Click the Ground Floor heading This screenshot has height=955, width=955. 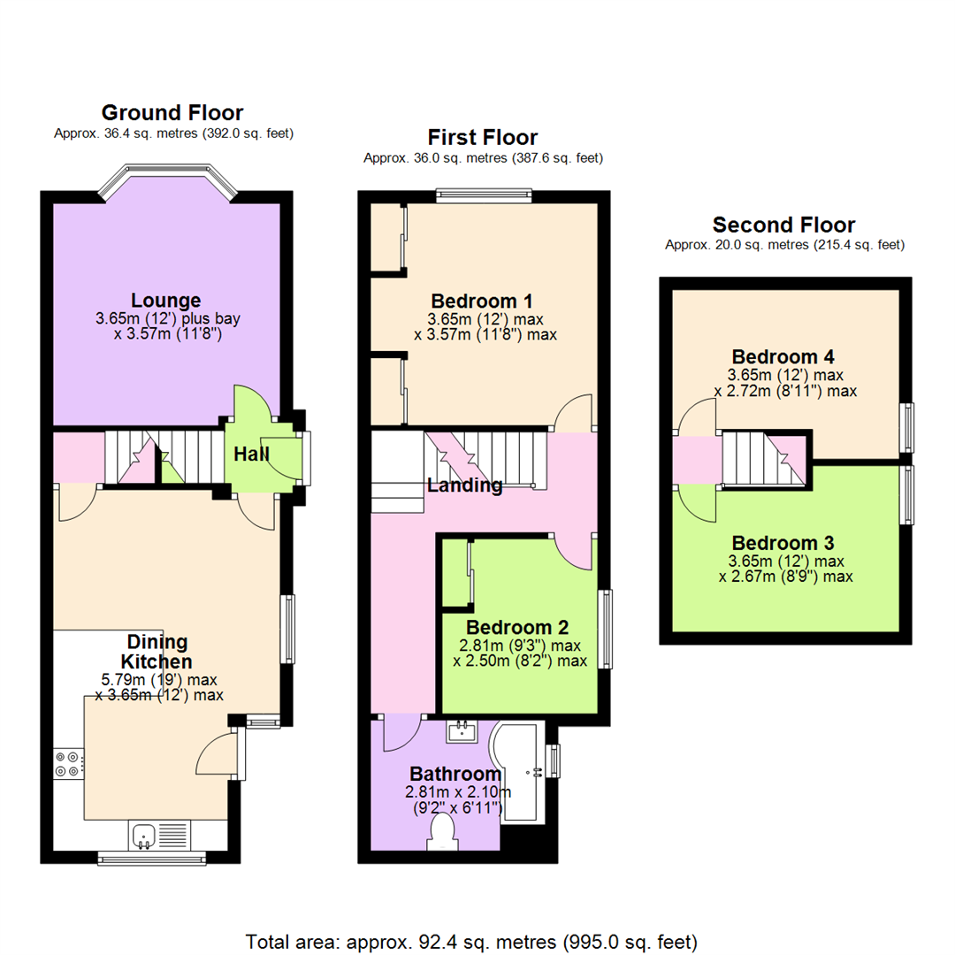[x=172, y=113]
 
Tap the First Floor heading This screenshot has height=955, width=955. [x=482, y=137]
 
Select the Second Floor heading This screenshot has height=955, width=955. [x=784, y=225]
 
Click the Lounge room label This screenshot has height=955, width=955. [x=166, y=300]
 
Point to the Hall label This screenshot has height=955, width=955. [x=252, y=455]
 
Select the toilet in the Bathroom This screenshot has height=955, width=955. [x=440, y=832]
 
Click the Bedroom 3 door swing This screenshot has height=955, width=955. [x=695, y=506]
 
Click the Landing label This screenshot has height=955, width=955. [x=465, y=485]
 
